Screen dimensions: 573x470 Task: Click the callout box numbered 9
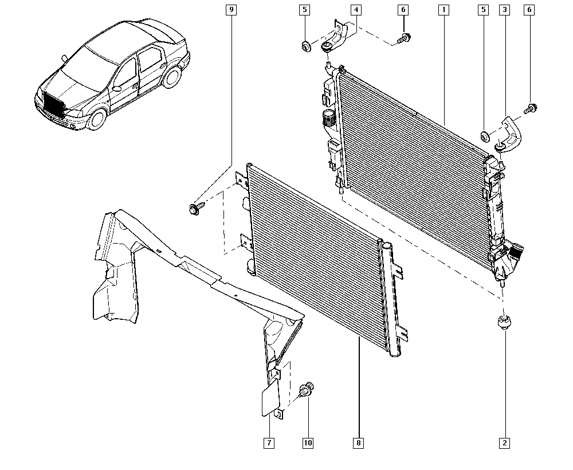tap(231, 10)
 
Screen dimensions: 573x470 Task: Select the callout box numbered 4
tap(356, 10)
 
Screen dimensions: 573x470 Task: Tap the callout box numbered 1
tap(444, 10)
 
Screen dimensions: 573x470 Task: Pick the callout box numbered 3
tap(505, 10)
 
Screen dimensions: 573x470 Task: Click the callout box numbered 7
tap(269, 443)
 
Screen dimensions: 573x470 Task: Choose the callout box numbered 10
tap(308, 443)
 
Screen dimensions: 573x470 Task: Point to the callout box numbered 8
tap(359, 443)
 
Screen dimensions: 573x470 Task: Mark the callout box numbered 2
tap(505, 443)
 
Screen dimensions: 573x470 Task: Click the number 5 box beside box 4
tap(304, 10)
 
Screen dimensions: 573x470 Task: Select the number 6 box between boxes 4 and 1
tap(403, 10)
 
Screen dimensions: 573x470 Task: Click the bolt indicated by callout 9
tap(194, 209)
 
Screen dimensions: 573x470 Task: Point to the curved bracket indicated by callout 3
tap(510, 134)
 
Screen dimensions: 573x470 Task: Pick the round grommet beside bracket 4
tap(306, 47)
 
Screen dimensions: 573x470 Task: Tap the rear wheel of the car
tap(172, 77)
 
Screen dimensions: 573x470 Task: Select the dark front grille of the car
tap(54, 104)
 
